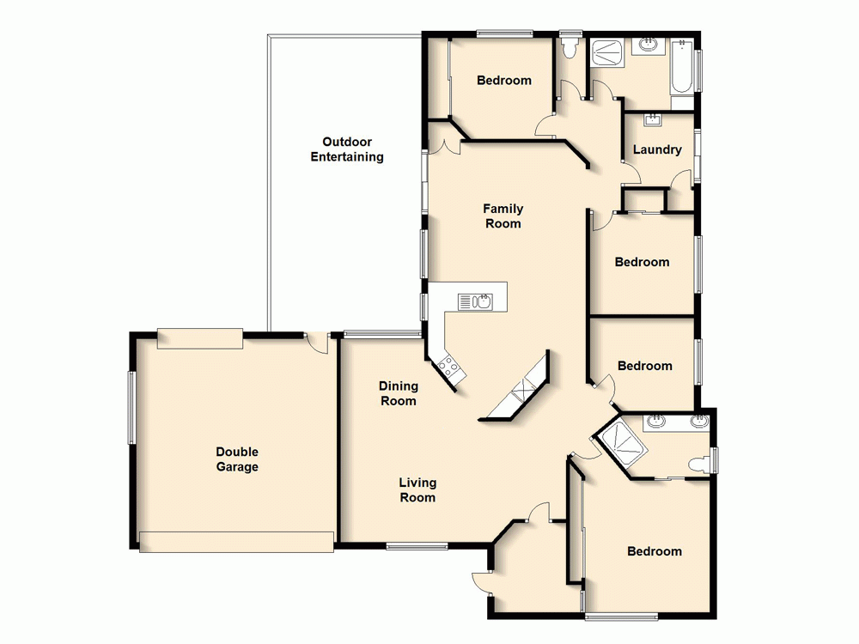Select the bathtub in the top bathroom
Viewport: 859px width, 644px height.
(681, 70)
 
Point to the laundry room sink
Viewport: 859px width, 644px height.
(650, 119)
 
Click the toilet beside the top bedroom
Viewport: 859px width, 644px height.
(568, 47)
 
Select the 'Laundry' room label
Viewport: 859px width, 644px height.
(657, 149)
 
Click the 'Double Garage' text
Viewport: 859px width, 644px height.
(237, 459)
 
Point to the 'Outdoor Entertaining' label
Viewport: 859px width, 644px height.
(347, 149)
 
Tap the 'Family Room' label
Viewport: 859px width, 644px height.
(503, 216)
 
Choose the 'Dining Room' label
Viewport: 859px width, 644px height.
(398, 393)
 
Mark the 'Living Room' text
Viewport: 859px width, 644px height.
(417, 489)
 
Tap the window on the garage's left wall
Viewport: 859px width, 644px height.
(132, 407)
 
